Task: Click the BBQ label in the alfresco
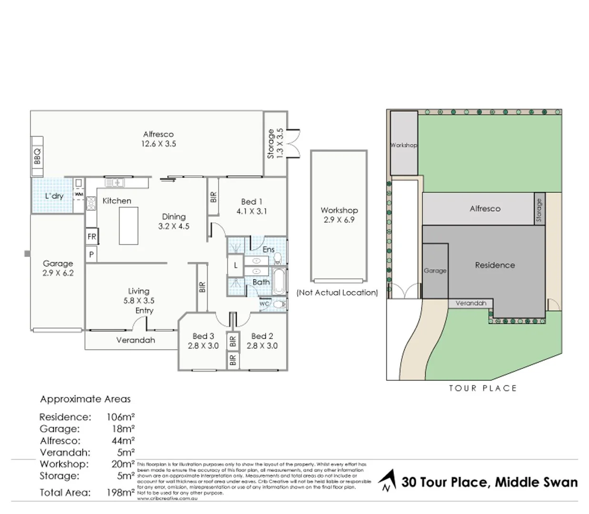37,157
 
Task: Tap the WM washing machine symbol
79,194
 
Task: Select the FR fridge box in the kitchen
92,237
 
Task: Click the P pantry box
91,255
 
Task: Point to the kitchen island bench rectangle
129,226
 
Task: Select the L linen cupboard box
235,266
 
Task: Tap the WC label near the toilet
265,304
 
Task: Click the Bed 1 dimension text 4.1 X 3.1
251,211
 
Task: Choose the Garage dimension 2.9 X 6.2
58,273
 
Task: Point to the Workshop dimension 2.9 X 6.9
339,220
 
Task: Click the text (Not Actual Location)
337,293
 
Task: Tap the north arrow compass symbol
388,481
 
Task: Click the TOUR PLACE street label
482,388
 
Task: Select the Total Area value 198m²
120,493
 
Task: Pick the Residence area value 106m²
120,417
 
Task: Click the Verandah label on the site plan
470,303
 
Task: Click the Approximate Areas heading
85,399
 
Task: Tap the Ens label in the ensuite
269,249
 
